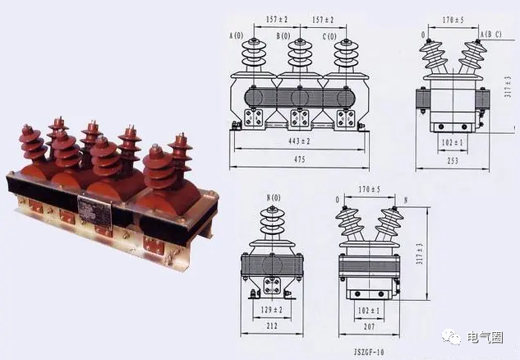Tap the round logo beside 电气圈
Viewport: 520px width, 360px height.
453,337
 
